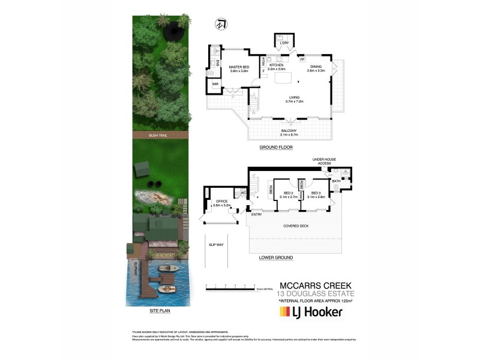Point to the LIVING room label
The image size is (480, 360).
pyautogui.click(x=295, y=98)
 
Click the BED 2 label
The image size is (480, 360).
pyautogui.click(x=288, y=193)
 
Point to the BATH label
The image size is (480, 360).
pyautogui.click(x=336, y=181)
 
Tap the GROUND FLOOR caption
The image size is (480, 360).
pyautogui.click(x=275, y=147)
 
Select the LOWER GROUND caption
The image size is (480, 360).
pyautogui.click(x=275, y=257)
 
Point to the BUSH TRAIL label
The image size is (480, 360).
pyautogui.click(x=158, y=136)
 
